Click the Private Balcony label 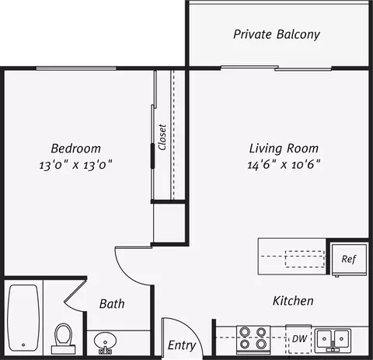tap(277, 35)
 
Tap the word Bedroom tap(75, 148)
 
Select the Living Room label tap(284, 148)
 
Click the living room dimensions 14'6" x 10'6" tap(284, 165)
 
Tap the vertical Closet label tap(162, 138)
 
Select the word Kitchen tap(292, 301)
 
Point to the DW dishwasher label tap(299, 339)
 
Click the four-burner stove tap(253, 339)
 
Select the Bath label tap(112, 304)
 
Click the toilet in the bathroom tap(64, 337)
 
